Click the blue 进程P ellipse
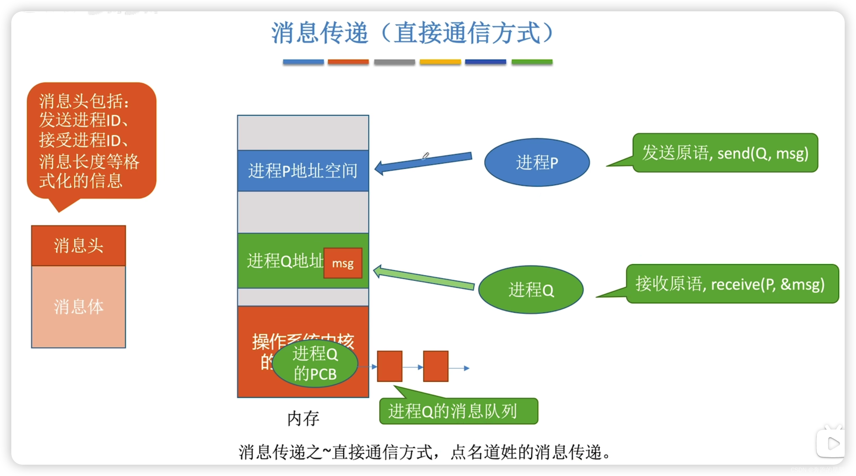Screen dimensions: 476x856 537,162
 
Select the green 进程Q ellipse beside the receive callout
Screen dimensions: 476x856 531,289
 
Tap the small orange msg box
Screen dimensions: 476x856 342,263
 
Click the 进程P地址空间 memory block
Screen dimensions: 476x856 303,171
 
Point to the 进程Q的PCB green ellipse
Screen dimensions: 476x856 315,363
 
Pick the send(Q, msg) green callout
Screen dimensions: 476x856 725,153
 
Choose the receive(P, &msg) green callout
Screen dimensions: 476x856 732,284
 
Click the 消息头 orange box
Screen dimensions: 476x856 78,246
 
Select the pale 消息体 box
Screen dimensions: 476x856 78,307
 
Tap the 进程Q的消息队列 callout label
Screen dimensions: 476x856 458,411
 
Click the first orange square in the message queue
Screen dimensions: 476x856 389,366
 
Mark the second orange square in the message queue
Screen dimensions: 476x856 436,366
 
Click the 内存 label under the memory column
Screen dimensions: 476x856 303,418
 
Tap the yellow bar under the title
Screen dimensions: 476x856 440,62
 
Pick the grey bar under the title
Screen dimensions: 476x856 394,62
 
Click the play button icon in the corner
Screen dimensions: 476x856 832,443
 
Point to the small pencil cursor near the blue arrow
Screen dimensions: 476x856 426,155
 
